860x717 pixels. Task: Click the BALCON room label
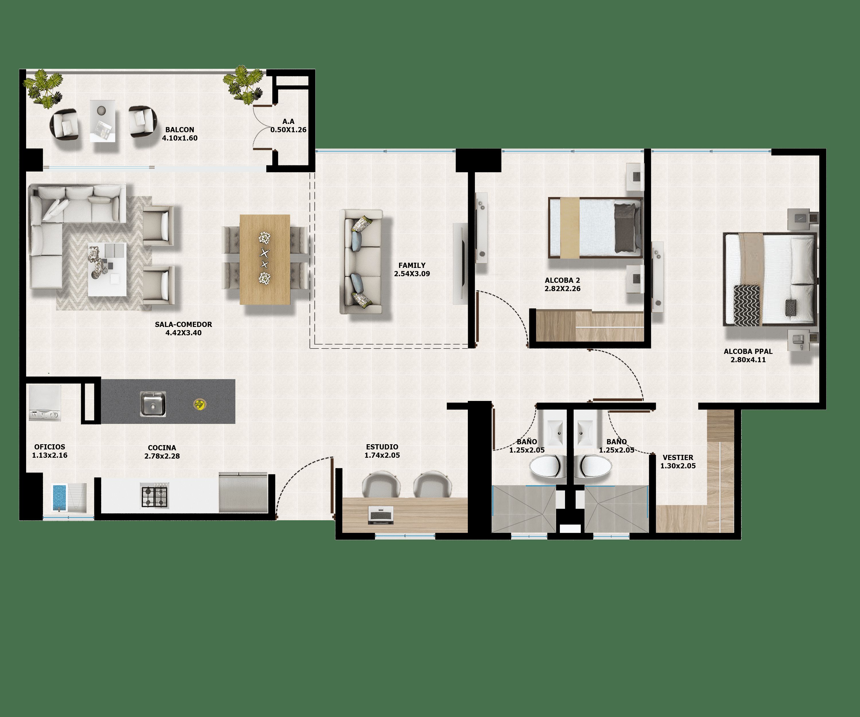[179, 129]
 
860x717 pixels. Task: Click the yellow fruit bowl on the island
[200, 404]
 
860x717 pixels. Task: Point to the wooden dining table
[265, 259]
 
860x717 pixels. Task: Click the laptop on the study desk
[380, 515]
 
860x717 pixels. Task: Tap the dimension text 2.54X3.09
[412, 274]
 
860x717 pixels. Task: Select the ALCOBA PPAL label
[748, 351]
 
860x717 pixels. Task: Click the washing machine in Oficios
[45, 403]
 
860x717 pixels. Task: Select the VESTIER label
[678, 457]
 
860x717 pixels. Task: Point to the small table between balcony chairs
[102, 121]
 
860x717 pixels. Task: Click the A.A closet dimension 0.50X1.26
[288, 130]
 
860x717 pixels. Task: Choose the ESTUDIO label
[382, 447]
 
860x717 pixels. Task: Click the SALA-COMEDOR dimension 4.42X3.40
[183, 333]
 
